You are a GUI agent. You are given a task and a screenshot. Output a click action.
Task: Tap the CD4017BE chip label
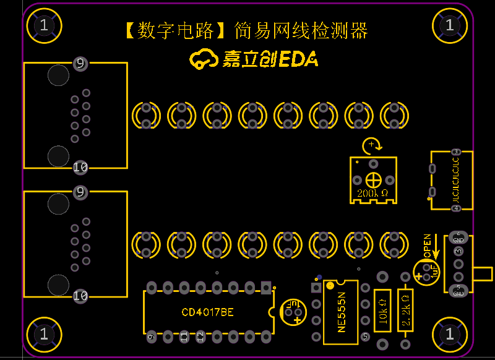point(207,312)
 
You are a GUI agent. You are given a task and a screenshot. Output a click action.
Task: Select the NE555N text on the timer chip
point(341,312)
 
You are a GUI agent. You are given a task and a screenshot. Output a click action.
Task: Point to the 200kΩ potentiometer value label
point(372,194)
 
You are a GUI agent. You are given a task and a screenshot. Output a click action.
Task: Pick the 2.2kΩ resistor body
point(405,310)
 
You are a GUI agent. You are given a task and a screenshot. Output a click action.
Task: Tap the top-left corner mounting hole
point(43,25)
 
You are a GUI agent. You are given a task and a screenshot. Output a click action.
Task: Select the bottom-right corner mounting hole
point(450,334)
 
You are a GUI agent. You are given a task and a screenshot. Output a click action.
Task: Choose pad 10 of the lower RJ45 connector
point(80,296)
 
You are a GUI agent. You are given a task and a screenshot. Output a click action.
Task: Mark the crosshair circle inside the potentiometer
point(373,180)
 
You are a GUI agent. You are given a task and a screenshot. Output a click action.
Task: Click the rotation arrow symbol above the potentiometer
point(371,145)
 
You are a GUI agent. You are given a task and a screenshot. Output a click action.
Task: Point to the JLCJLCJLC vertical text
point(456,180)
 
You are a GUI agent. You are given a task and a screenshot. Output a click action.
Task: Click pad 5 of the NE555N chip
point(365,336)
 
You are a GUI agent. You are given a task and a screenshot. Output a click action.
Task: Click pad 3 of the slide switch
point(458,251)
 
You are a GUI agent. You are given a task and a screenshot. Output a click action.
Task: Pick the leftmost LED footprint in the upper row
point(146,116)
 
